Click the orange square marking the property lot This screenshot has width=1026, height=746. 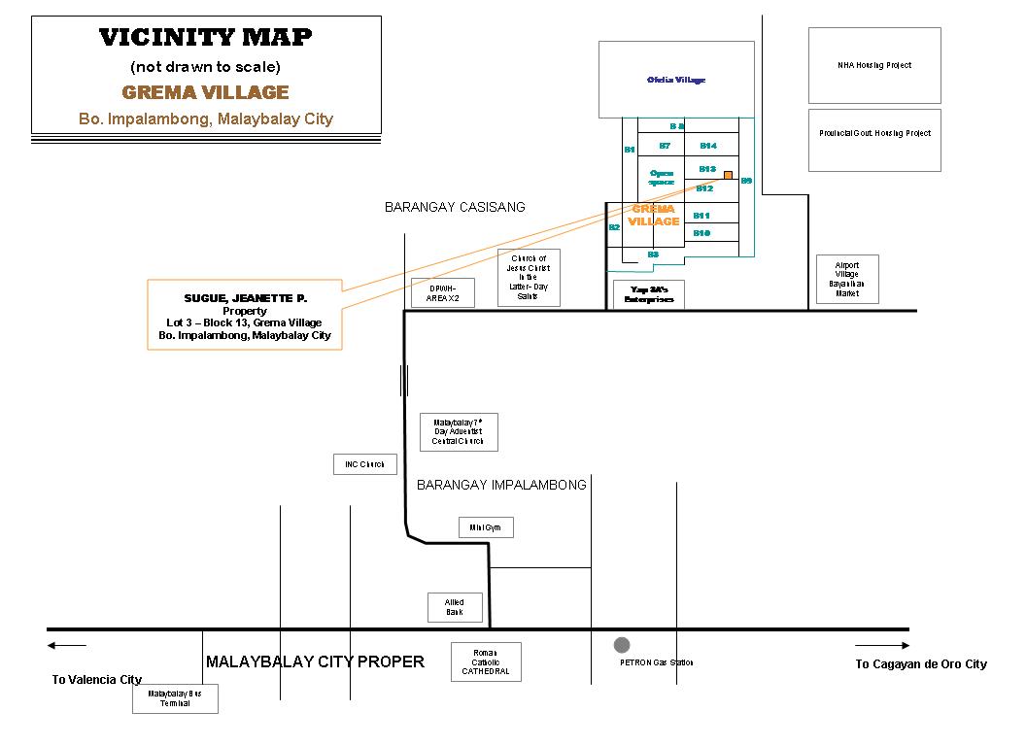(727, 175)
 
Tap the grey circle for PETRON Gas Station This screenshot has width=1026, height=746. (622, 645)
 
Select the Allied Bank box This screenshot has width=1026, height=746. (455, 607)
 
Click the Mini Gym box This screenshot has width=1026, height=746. (486, 527)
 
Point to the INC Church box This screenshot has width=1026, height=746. (365, 464)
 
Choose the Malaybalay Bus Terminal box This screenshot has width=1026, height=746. (175, 698)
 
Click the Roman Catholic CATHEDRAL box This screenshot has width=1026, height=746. (486, 661)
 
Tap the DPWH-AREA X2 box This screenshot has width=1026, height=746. (443, 293)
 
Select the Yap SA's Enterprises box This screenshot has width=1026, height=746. (648, 294)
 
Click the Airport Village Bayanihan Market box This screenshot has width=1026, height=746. (847, 279)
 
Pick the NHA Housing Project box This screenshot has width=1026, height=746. (874, 65)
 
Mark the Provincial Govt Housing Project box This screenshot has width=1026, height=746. (874, 133)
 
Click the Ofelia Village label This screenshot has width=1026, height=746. (676, 80)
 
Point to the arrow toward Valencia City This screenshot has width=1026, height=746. (66, 645)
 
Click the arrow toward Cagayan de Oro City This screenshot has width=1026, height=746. (882, 645)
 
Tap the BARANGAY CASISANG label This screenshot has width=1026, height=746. (455, 207)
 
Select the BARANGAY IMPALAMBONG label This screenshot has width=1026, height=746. (501, 485)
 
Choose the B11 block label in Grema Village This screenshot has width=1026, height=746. (701, 215)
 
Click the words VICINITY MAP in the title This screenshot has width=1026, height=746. (206, 38)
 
